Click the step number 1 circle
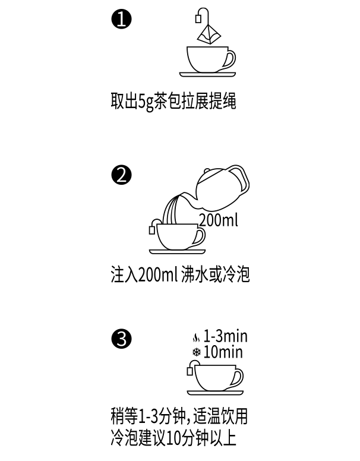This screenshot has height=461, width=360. [x=121, y=20]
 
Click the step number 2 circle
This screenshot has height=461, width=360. [x=121, y=175]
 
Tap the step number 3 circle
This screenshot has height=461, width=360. [x=121, y=339]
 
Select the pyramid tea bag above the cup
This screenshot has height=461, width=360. [x=208, y=33]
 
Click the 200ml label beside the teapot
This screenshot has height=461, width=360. [x=218, y=220]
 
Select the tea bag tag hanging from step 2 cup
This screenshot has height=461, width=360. [x=152, y=230]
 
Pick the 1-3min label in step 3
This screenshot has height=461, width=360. [x=225, y=336]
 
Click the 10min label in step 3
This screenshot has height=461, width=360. [x=223, y=352]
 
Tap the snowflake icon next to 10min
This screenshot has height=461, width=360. [x=196, y=352]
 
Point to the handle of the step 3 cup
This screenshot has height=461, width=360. [x=237, y=377]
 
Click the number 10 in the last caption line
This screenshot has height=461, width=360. [x=173, y=439]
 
